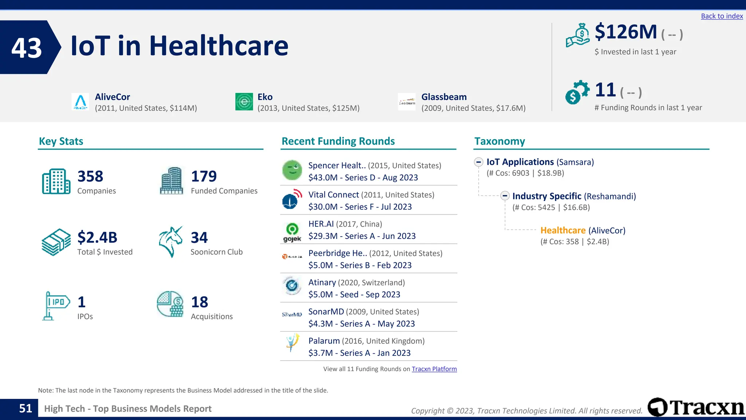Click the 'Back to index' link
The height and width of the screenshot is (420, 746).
pos(722,16)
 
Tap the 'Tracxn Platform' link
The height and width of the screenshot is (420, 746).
pos(434,369)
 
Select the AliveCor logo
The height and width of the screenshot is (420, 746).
pos(80,102)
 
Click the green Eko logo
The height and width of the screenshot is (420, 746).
pos(244,102)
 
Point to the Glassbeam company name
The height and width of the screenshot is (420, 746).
pos(444,97)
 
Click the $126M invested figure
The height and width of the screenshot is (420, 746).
pos(625,32)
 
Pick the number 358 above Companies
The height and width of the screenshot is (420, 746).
pos(90,176)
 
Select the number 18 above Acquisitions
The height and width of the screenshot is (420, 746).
pos(200,302)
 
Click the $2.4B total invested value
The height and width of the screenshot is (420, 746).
pos(97,237)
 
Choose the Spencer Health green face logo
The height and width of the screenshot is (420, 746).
pos(292,170)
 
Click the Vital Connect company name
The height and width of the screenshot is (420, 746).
pos(334,195)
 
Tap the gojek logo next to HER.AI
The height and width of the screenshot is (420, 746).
pos(292,232)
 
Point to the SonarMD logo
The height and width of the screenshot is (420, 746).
pos(292,314)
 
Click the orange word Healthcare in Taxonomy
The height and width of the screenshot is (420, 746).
pos(563,230)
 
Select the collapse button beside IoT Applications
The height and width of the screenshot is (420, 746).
pos(479,162)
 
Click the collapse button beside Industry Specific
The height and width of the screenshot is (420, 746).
pos(504,196)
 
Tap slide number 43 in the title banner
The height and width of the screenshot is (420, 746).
pos(27,48)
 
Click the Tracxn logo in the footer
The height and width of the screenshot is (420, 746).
pos(696,407)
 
